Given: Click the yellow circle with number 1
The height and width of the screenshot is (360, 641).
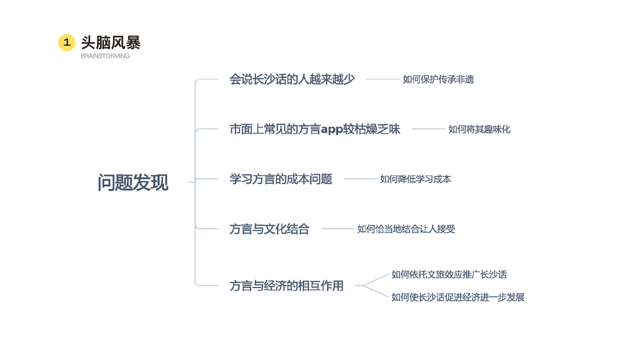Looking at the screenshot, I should [67, 43].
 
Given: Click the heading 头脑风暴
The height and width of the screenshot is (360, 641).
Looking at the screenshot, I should [111, 43].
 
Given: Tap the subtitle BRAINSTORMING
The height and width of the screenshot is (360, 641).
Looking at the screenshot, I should [105, 56].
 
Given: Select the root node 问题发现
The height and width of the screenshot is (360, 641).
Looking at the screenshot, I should [133, 182].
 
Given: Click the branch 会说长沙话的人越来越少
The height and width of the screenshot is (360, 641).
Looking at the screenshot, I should [292, 79].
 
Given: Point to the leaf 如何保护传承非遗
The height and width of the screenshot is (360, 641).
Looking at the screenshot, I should [438, 79].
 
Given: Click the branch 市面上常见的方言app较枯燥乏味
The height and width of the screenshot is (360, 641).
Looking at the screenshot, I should [315, 129].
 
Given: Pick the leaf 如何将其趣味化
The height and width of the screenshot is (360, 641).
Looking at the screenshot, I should [479, 129].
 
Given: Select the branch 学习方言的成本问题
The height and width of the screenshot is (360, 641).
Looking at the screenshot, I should [281, 179].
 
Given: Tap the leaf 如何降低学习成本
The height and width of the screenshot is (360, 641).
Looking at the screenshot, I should [415, 179].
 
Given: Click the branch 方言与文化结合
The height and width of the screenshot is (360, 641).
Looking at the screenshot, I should [269, 229].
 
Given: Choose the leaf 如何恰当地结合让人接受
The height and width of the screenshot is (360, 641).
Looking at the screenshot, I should [406, 229].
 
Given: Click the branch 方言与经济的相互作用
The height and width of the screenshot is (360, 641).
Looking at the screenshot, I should [287, 286].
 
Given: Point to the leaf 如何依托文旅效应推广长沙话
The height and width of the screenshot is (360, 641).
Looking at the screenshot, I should [449, 274].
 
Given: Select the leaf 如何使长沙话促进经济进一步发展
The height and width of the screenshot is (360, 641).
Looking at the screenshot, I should [458, 297].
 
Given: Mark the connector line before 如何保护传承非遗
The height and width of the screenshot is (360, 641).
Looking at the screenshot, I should [383, 79].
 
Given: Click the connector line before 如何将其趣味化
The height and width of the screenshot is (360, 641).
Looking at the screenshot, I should [428, 129].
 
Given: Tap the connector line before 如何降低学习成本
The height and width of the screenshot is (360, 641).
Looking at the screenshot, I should [360, 179].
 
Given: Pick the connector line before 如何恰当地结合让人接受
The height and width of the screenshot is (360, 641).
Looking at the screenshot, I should [338, 229].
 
